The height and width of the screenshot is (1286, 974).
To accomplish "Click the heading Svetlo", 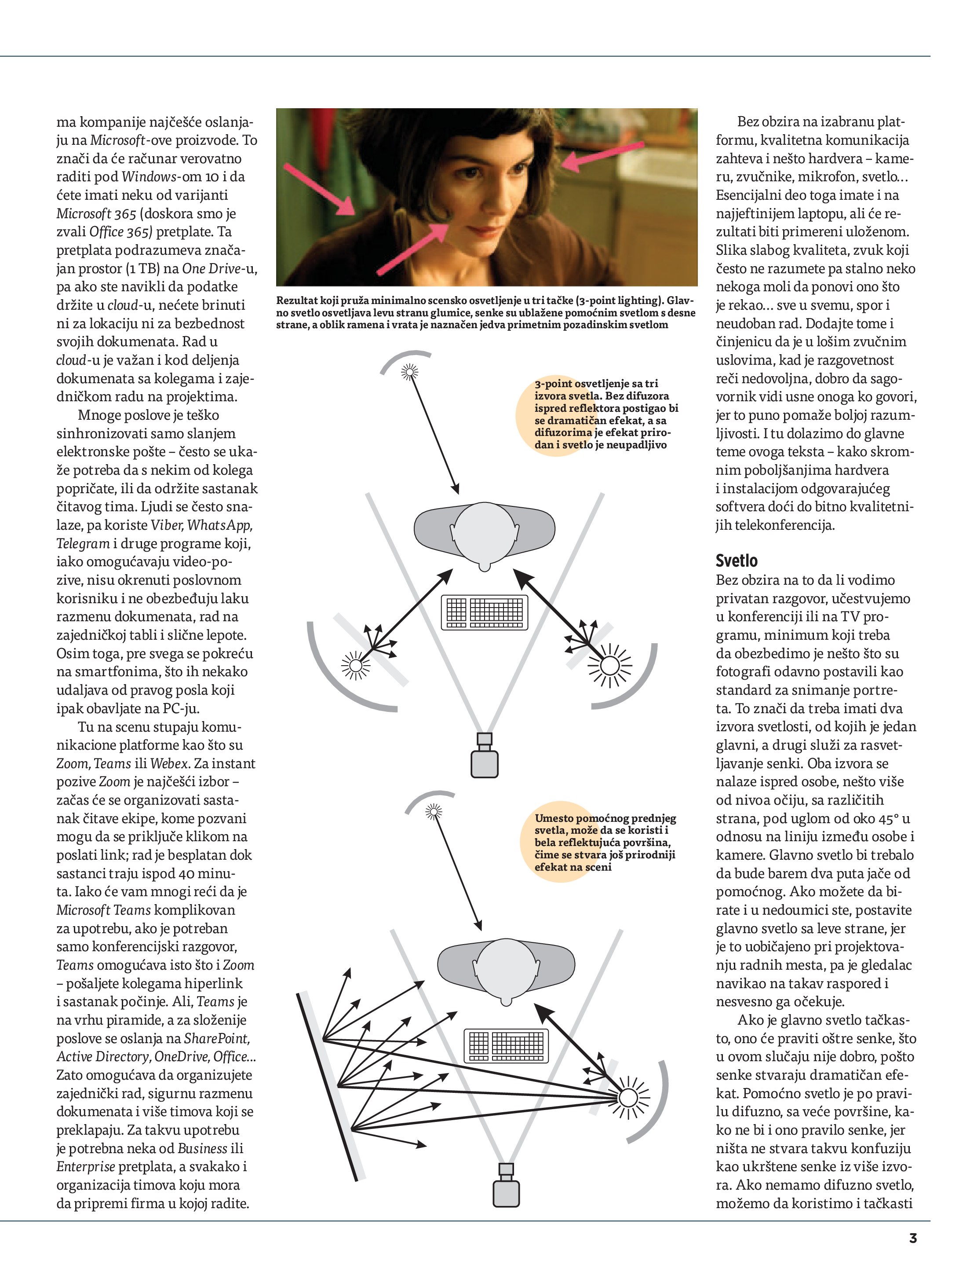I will [x=736, y=561].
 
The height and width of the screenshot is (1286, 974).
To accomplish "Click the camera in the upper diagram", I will [x=484, y=756].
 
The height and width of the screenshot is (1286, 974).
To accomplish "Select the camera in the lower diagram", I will [x=506, y=1186].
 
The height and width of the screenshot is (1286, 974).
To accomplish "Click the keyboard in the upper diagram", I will [x=485, y=612].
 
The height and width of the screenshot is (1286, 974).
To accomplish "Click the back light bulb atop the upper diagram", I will [x=410, y=371].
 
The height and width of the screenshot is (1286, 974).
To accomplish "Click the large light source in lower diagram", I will [x=627, y=1098].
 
